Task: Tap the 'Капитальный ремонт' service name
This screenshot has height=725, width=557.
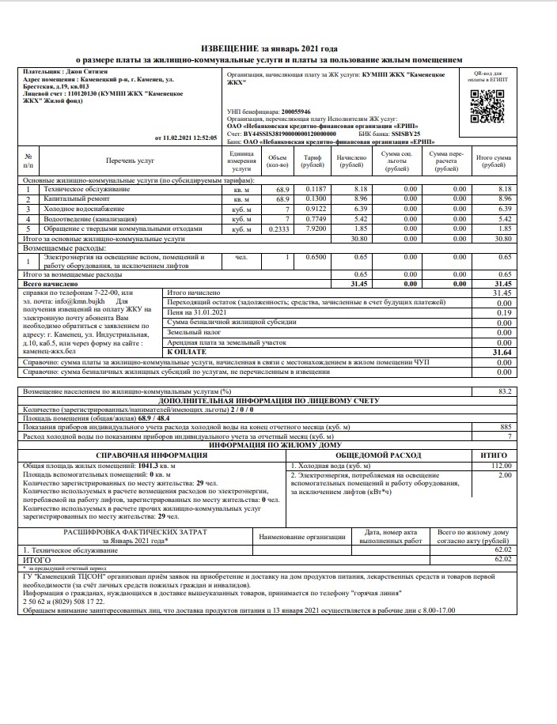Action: [x=76, y=199]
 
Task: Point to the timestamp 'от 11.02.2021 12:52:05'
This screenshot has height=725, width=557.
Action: [x=185, y=137]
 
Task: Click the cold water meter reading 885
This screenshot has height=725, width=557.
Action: [x=506, y=426]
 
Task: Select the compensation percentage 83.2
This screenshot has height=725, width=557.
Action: [x=504, y=391]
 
